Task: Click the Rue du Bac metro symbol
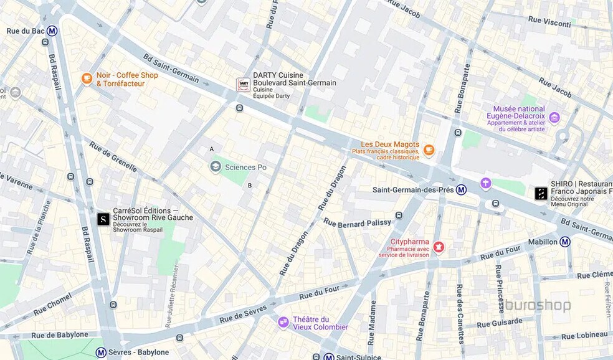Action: click(x=52, y=31)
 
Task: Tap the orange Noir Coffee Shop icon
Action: click(x=87, y=78)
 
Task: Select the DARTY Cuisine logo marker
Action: click(x=244, y=85)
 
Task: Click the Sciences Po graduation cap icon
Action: click(x=216, y=166)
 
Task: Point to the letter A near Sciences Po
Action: click(x=212, y=149)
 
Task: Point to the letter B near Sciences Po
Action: click(x=250, y=185)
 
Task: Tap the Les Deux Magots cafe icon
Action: click(x=429, y=149)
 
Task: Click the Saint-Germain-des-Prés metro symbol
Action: click(x=461, y=189)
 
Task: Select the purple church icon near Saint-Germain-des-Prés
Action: click(x=485, y=183)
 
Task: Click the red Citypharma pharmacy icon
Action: click(x=439, y=247)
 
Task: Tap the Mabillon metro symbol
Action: click(x=564, y=242)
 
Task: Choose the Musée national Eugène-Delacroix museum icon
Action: click(x=554, y=118)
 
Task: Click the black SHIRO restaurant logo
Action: click(x=541, y=194)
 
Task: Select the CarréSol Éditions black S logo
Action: click(x=103, y=219)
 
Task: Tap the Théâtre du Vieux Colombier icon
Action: click(x=283, y=322)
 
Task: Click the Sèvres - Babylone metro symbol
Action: click(x=101, y=353)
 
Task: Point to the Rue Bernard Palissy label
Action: click(x=358, y=222)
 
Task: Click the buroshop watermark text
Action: click(x=538, y=305)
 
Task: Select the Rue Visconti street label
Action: click(x=549, y=22)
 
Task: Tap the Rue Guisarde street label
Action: click(x=500, y=323)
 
